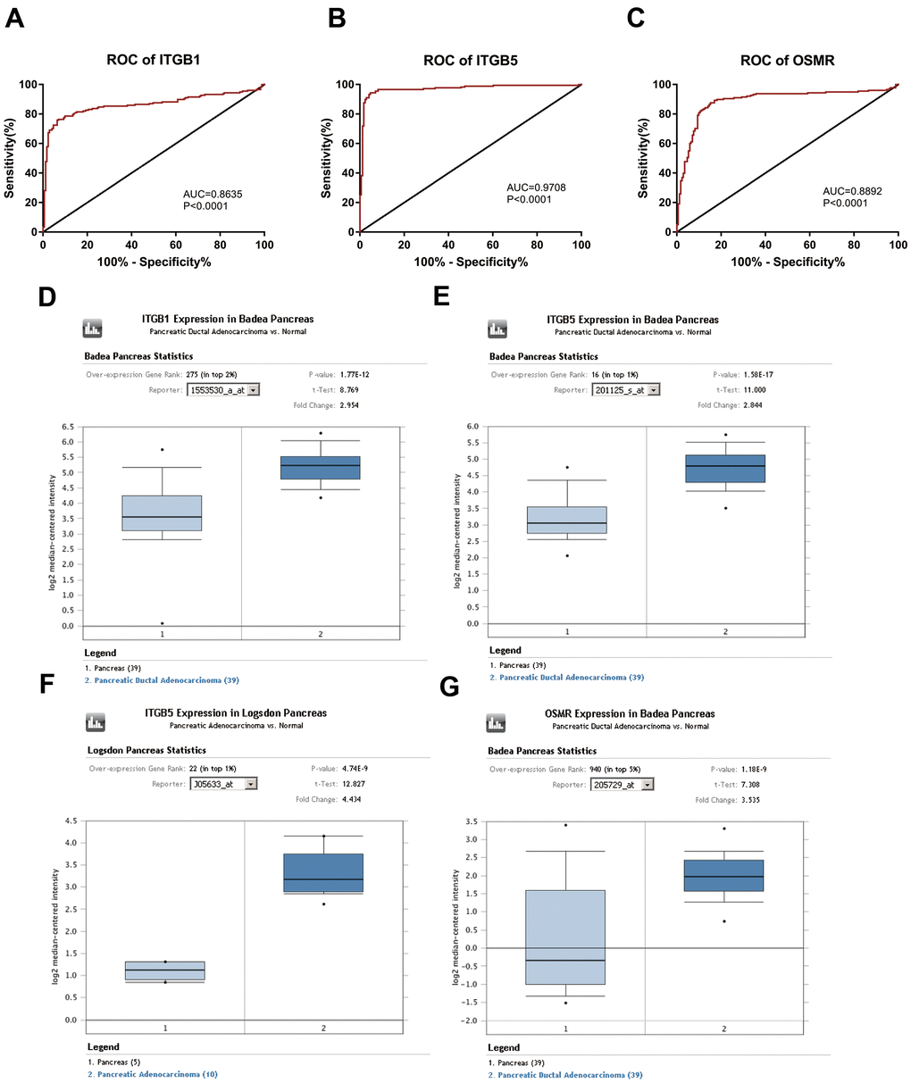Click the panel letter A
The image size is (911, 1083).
pos(15,18)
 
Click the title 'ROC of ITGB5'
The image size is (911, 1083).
pos(471,61)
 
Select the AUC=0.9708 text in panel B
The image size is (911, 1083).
pos(536,187)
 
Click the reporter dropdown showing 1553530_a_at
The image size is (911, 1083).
pos(223,390)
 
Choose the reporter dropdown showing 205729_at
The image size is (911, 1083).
pos(623,785)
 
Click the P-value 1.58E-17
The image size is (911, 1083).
pos(763,375)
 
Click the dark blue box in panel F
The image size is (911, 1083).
pos(323,872)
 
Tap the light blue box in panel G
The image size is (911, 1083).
pos(565,937)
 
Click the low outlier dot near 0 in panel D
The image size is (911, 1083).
pos(163,623)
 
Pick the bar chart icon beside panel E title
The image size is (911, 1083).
pos(497,329)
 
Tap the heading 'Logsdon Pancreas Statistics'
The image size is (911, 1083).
pos(146,751)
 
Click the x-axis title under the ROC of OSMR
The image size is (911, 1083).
pos(788,262)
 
